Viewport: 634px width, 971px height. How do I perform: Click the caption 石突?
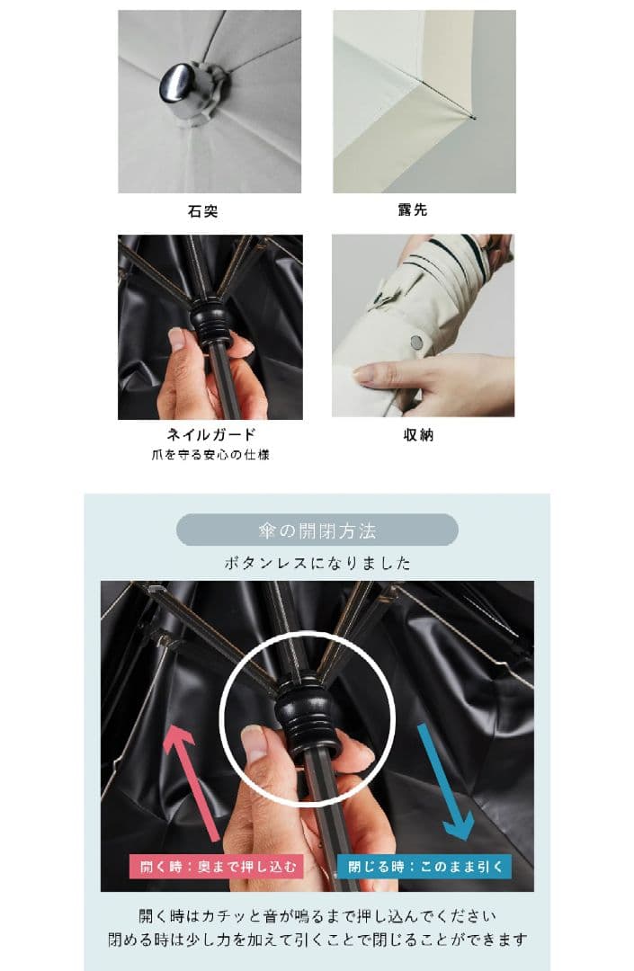(x=202, y=211)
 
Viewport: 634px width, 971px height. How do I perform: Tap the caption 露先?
(x=413, y=209)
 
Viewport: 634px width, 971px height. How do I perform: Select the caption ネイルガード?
(x=210, y=434)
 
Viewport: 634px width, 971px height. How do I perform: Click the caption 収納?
(x=418, y=435)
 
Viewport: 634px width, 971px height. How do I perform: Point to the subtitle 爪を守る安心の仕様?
(x=210, y=455)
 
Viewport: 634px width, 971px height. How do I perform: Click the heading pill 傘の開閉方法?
(x=317, y=530)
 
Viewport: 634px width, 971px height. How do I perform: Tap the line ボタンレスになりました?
(x=317, y=563)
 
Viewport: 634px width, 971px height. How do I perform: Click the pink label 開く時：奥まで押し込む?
(x=216, y=866)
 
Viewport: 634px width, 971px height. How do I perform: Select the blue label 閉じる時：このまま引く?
(x=424, y=866)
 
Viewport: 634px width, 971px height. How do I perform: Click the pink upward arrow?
(x=192, y=784)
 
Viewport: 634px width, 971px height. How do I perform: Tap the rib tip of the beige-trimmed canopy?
(x=473, y=118)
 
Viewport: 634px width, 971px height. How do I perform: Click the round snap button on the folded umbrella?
(x=416, y=342)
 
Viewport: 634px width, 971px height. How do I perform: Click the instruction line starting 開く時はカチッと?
(x=317, y=916)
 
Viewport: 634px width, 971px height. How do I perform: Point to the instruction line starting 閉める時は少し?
(x=317, y=940)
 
